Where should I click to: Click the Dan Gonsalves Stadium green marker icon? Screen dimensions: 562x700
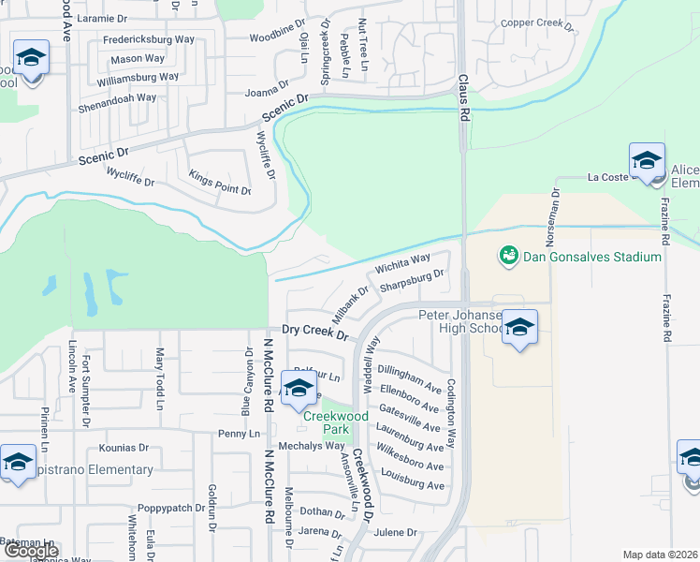pos(509,254)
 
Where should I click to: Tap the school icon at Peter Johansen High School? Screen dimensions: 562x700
pos(520,327)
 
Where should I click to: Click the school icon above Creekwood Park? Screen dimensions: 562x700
pos(299,388)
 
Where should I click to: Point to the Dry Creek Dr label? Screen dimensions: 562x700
pos(315,333)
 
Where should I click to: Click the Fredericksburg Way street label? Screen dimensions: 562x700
pos(140,41)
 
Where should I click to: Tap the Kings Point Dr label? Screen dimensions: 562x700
pos(220,183)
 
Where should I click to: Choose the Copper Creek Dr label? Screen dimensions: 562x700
pos(536,22)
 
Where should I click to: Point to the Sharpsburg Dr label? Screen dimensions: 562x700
pos(411,280)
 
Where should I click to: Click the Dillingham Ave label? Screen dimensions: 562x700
pos(409,379)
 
